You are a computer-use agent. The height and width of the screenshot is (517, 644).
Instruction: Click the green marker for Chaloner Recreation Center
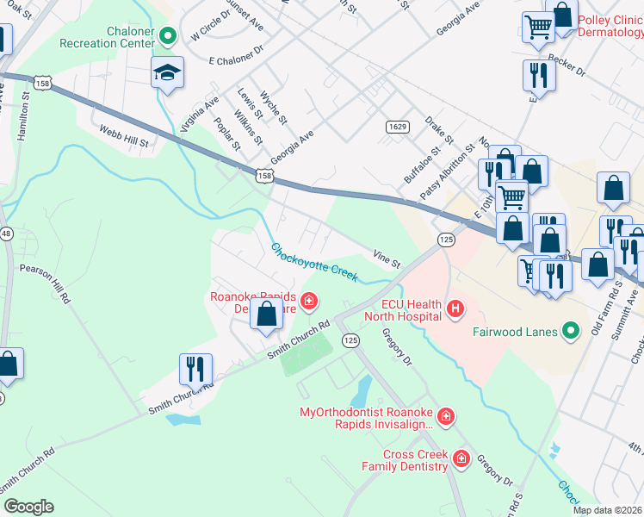[169, 36]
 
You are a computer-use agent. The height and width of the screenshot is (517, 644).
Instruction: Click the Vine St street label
[387, 258]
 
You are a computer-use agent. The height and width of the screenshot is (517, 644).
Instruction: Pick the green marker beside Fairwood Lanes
[569, 330]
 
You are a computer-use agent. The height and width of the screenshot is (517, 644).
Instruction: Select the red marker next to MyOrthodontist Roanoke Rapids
[445, 418]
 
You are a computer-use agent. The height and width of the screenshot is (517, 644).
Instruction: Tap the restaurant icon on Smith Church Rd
[195, 369]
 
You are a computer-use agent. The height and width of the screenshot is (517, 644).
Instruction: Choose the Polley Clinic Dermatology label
[610, 26]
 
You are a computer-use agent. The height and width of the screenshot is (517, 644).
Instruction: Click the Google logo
[28, 507]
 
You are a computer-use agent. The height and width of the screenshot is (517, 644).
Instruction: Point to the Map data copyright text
[607, 510]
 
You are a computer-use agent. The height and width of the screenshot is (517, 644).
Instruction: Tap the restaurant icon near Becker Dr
[539, 75]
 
